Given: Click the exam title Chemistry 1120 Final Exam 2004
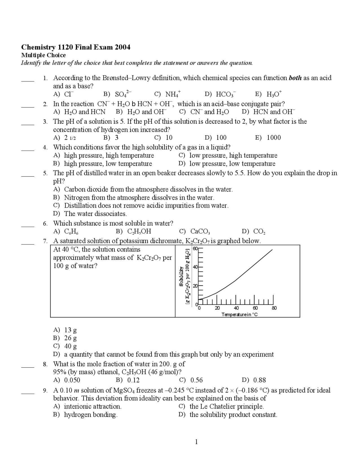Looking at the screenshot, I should pyautogui.click(x=76, y=47).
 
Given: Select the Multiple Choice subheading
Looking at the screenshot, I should pyautogui.click(x=43, y=55).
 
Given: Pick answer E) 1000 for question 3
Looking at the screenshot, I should pyautogui.click(x=268, y=138).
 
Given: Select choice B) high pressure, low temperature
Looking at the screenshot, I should pyautogui.click(x=103, y=164).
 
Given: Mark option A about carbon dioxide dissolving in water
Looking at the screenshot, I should pyautogui.click(x=143, y=189).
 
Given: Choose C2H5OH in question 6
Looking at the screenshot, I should pyautogui.click(x=134, y=232).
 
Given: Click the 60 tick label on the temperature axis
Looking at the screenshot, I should pyautogui.click(x=255, y=308).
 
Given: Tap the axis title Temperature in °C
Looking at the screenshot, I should pyautogui.click(x=239, y=314).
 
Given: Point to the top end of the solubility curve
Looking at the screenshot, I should pyautogui.click(x=272, y=250).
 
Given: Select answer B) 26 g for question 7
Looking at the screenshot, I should pyautogui.click(x=65, y=338).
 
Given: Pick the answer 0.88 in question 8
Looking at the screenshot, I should pyautogui.click(x=254, y=380).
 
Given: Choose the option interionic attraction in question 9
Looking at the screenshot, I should pyautogui.click(x=87, y=406).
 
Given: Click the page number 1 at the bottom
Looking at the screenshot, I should pyautogui.click(x=196, y=442).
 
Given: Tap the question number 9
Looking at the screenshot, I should pyautogui.click(x=45, y=391).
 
